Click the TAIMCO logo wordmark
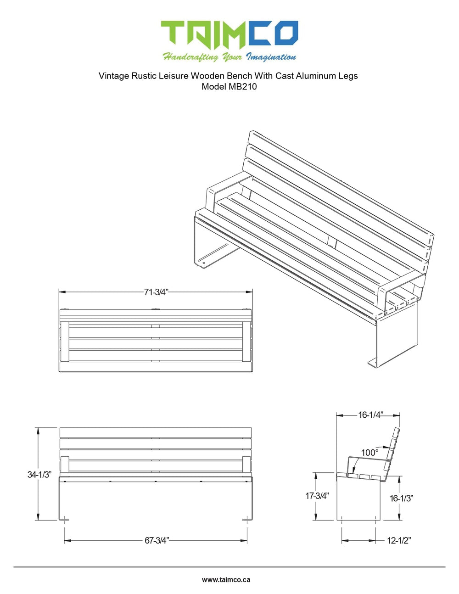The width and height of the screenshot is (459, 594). click(229, 35)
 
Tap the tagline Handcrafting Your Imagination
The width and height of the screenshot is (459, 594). click(229, 57)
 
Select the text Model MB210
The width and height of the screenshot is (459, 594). click(229, 86)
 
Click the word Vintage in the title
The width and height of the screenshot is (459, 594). click(113, 76)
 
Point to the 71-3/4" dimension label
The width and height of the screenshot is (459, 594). click(156, 292)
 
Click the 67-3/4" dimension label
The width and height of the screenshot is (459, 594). click(157, 540)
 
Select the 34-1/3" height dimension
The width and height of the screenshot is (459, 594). click(39, 474)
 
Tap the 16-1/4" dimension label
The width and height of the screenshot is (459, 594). click(370, 415)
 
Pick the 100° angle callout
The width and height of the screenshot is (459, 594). click(369, 453)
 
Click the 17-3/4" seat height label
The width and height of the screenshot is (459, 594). click(317, 496)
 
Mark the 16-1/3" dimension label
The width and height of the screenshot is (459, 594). click(401, 498)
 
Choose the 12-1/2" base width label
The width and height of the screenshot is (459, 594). click(398, 540)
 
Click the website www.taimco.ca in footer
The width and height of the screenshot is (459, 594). click(226, 579)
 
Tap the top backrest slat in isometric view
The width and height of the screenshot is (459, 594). click(340, 184)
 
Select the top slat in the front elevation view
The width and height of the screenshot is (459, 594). click(156, 432)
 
